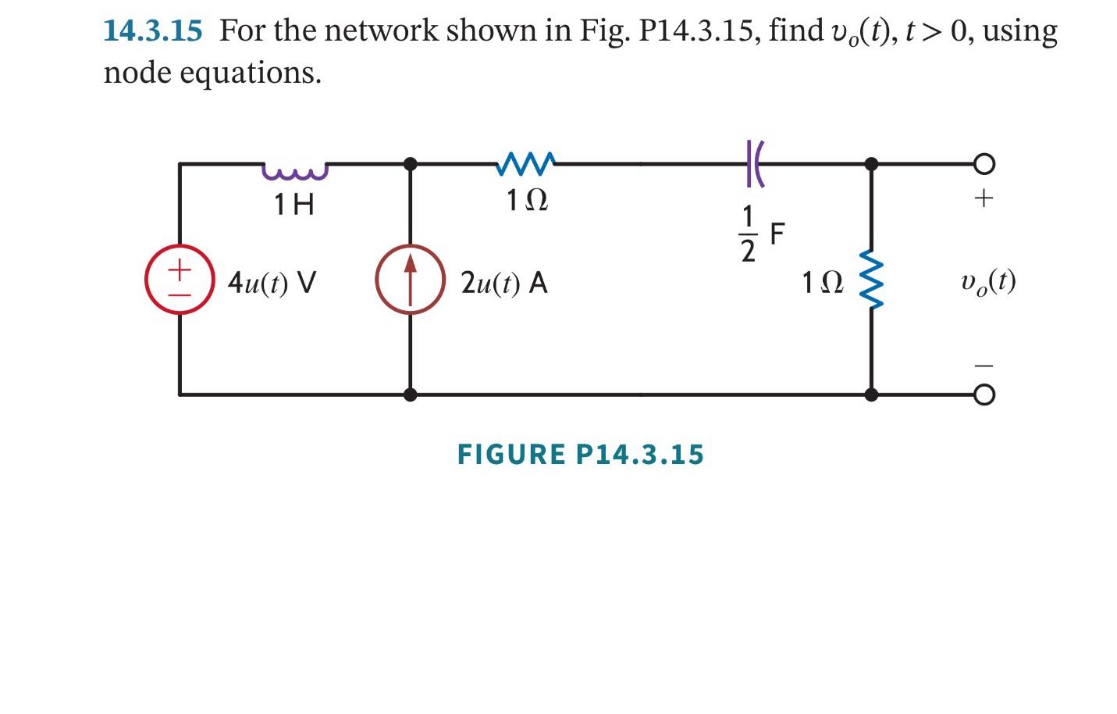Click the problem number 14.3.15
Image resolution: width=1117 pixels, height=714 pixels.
152,31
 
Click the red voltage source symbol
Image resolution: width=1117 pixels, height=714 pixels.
180,280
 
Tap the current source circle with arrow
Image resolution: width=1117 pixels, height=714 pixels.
410,280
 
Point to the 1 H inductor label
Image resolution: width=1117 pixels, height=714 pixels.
293,205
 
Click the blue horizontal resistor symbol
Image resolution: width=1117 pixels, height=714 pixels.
526,164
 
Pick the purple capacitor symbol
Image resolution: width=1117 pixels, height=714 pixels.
754,164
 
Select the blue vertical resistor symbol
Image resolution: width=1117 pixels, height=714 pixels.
872,280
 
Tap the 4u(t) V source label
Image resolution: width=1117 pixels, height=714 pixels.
272,282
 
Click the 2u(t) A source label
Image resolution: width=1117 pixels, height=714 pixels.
503,282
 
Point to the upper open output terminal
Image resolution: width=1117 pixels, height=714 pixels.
984,164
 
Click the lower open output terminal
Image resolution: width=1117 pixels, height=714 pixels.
984,395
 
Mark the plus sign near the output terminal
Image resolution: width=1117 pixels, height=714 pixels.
984,198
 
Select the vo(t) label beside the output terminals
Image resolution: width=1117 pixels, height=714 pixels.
988,281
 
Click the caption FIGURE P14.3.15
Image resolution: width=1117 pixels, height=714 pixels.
580,455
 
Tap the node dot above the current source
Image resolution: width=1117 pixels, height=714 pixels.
410,164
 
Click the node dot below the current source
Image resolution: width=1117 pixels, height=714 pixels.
410,395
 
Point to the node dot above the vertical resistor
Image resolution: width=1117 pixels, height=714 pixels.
871,164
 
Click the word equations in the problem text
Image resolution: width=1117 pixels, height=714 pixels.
250,73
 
